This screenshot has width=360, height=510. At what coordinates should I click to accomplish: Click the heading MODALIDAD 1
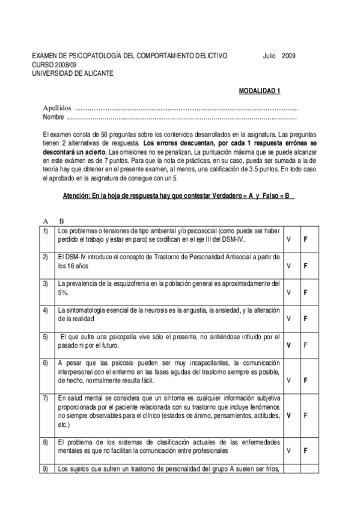[260, 91]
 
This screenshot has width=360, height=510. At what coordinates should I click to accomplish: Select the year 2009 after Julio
[288, 56]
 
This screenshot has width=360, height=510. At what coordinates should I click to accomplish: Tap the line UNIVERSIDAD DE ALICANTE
[72, 73]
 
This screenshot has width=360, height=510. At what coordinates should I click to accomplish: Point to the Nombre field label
[53, 117]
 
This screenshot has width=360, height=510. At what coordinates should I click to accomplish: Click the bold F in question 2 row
[306, 266]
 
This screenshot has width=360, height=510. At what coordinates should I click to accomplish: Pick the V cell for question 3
[289, 292]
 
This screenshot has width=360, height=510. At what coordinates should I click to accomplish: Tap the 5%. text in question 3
[63, 292]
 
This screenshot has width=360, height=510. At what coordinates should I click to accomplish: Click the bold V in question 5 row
[289, 345]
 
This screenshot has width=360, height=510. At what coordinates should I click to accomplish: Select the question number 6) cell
[46, 363]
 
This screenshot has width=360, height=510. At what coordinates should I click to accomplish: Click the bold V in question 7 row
[289, 416]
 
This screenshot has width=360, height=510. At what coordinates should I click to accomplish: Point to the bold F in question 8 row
[306, 450]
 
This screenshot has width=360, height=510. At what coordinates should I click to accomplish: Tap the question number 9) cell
[46, 469]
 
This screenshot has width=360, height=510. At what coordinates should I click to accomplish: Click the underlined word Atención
[78, 197]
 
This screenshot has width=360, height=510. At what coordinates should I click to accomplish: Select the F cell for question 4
[306, 319]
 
